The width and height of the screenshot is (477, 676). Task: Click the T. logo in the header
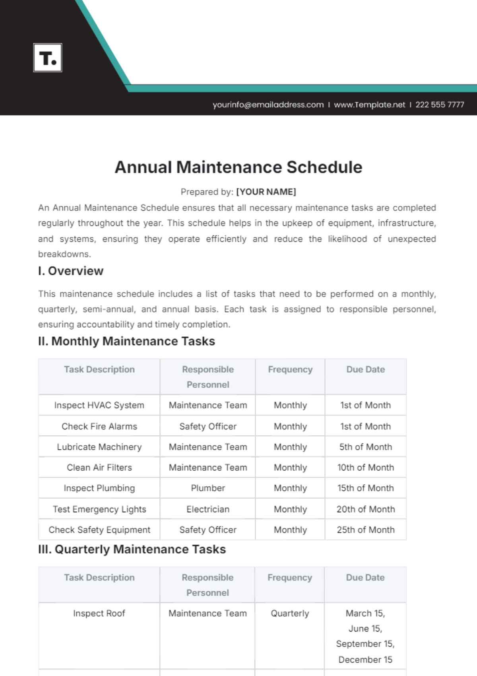(x=48, y=58)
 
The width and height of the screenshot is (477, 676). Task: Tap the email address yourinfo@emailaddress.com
(x=268, y=105)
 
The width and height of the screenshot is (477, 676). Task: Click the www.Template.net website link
(x=369, y=105)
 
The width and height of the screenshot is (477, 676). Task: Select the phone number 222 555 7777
(x=440, y=105)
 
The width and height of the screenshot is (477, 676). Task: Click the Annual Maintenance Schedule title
(x=238, y=167)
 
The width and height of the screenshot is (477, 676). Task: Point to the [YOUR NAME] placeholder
(x=266, y=192)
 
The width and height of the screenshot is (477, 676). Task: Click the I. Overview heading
(x=71, y=271)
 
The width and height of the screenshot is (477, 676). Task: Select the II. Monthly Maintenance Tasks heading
(x=126, y=341)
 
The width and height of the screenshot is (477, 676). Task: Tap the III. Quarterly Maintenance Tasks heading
(x=132, y=549)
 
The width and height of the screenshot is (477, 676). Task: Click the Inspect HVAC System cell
(x=99, y=405)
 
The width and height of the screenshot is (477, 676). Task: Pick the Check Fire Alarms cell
(x=99, y=426)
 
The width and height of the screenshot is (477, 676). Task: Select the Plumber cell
(x=208, y=488)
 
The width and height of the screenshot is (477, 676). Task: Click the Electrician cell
(x=208, y=509)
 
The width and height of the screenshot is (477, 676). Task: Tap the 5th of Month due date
(x=366, y=447)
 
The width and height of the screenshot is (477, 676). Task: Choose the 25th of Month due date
(x=366, y=530)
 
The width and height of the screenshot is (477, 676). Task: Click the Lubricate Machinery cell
(x=99, y=447)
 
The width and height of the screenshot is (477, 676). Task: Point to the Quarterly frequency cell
(x=290, y=613)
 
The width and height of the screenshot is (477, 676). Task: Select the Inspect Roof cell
(x=99, y=613)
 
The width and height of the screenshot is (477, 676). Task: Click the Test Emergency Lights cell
(x=99, y=509)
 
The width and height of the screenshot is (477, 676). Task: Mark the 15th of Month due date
(x=366, y=488)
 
